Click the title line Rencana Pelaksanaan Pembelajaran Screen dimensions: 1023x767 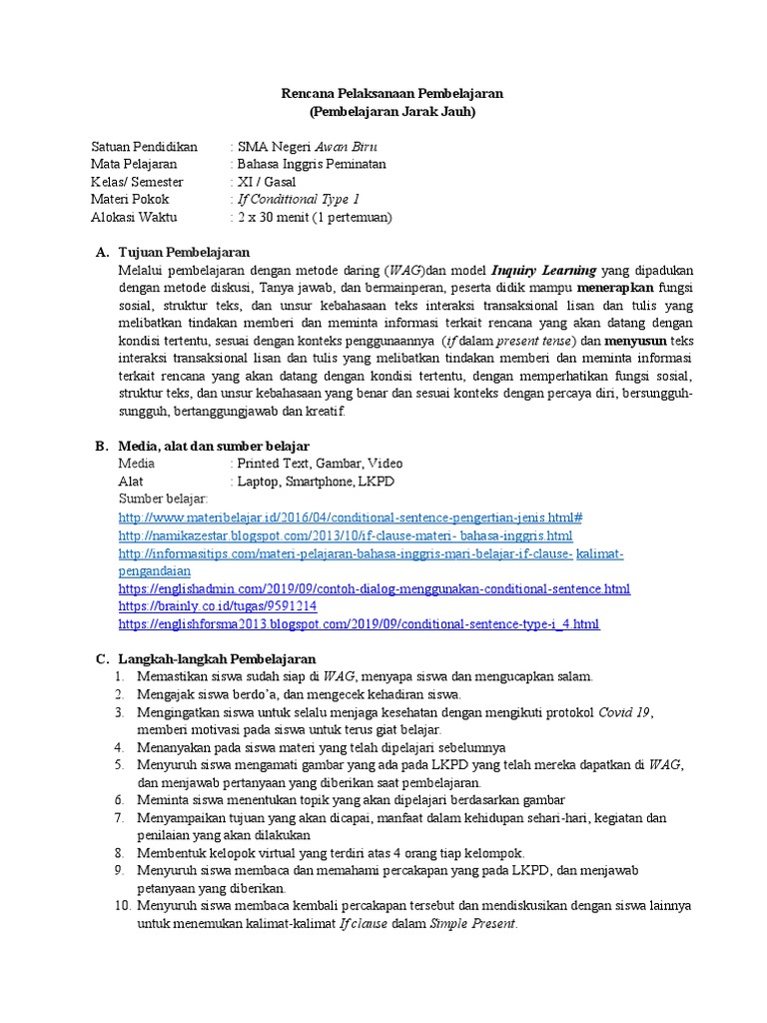tap(390, 94)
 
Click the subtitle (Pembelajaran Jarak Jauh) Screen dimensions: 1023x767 tap(391, 112)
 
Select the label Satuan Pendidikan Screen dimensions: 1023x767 tap(145, 146)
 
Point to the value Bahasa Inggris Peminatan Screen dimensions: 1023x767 tap(311, 164)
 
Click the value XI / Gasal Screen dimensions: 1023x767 tap(267, 182)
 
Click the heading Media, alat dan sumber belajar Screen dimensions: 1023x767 tap(213, 446)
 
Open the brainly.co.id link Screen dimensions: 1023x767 tap(217, 606)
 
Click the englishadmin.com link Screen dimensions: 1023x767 tap(374, 588)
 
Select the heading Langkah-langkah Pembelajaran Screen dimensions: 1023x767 tap(217, 659)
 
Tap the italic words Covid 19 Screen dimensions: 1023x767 tap(624, 712)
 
